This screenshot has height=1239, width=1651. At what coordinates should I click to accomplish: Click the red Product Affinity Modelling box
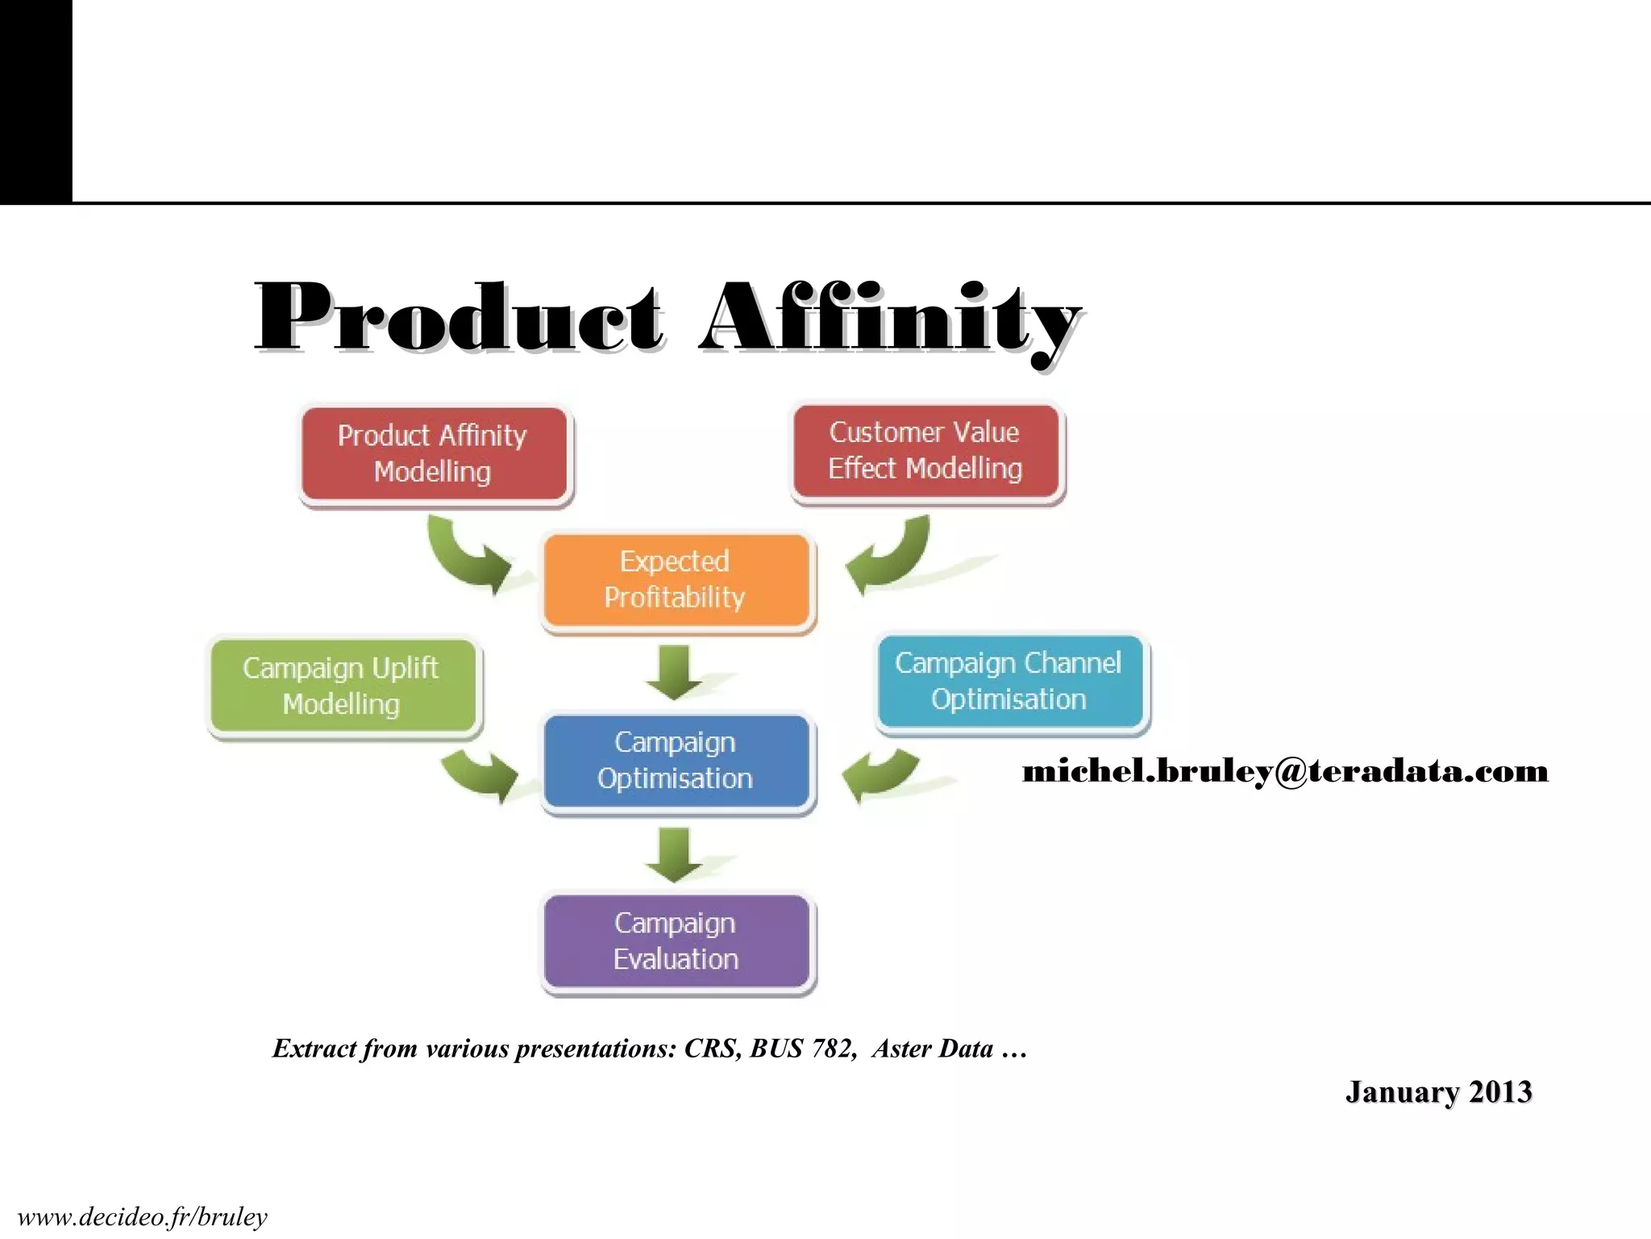[x=433, y=454]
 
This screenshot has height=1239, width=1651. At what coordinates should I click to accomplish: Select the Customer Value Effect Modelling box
[x=925, y=451]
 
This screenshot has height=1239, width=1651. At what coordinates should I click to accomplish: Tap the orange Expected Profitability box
[x=676, y=580]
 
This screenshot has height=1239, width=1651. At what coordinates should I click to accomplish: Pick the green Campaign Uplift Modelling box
[x=342, y=686]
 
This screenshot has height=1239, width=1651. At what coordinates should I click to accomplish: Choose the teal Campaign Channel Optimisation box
[x=1009, y=682]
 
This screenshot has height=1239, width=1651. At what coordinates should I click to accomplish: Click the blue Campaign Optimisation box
[x=676, y=761]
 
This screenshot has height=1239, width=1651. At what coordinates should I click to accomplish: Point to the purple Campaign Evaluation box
[x=676, y=941]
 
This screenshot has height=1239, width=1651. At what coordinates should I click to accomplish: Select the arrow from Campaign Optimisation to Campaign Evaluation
[x=675, y=854]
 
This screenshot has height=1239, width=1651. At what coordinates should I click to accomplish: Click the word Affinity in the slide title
[x=890, y=319]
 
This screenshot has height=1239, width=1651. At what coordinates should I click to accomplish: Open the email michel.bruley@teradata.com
[x=1285, y=772]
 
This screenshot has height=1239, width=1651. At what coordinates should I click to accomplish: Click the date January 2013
[x=1438, y=1092]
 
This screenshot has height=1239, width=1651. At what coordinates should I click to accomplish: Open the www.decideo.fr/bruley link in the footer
[x=143, y=1217]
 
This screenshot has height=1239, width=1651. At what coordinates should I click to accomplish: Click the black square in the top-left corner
[x=35, y=100]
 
